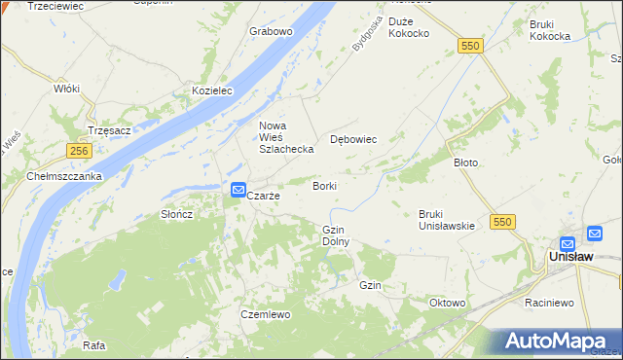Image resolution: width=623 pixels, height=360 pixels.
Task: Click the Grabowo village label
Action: pos(271,31)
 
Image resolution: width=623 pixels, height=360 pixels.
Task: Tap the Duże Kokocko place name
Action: pos(409,27)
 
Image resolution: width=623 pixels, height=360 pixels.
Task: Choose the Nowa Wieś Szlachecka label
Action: pos(285,137)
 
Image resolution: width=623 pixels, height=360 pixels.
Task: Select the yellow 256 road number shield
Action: pos(80,151)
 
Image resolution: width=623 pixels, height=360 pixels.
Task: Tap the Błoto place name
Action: pos(466,162)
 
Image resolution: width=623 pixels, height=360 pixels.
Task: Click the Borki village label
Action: pos(325,185)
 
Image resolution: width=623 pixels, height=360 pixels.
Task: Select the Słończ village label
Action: pos(178,214)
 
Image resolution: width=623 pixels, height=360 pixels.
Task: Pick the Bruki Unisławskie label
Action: pos(446,220)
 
